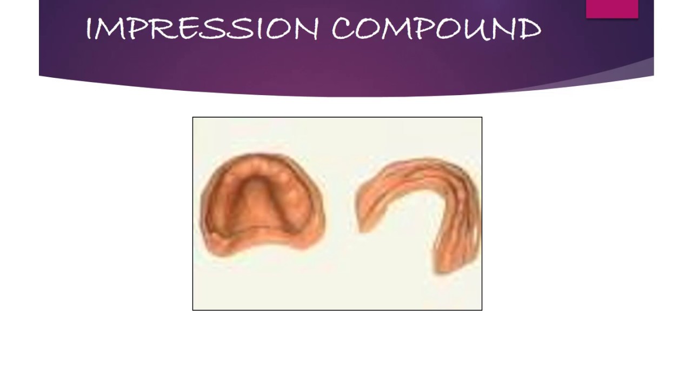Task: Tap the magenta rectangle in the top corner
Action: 612,9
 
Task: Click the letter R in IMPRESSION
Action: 155,29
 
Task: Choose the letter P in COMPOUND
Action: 422,29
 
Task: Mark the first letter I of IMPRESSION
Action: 89,29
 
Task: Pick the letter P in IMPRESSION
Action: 133,29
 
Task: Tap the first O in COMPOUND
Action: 368,29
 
